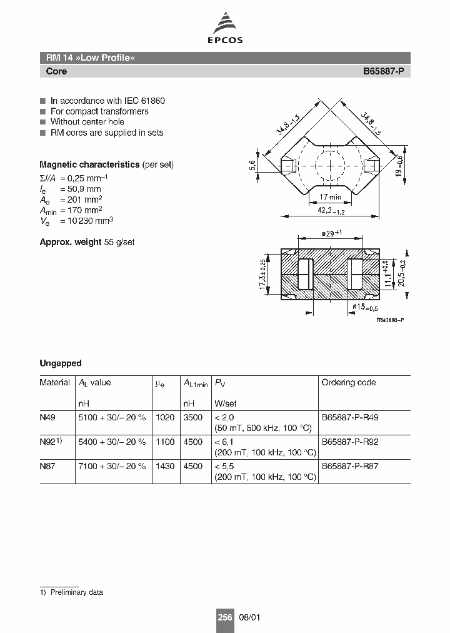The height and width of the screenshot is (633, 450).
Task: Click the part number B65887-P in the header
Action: tap(384, 71)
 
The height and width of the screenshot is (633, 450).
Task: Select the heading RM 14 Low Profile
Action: tap(91, 58)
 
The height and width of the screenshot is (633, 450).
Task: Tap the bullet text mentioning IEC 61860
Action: tap(107, 101)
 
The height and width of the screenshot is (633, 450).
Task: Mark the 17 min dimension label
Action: tap(331, 197)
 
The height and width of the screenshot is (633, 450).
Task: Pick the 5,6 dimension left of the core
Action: tap(252, 166)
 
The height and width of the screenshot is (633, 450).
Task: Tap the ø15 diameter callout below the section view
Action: tap(366, 306)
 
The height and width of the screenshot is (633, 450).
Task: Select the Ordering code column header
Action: tap(349, 382)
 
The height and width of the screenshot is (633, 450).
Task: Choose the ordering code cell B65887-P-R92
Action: tap(350, 442)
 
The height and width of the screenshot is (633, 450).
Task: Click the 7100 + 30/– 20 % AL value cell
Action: tap(112, 466)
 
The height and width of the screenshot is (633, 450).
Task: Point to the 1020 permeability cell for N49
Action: tap(164, 417)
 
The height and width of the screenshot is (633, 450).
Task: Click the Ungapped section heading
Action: tap(61, 363)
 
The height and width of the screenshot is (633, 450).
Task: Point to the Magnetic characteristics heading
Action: tap(89, 165)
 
